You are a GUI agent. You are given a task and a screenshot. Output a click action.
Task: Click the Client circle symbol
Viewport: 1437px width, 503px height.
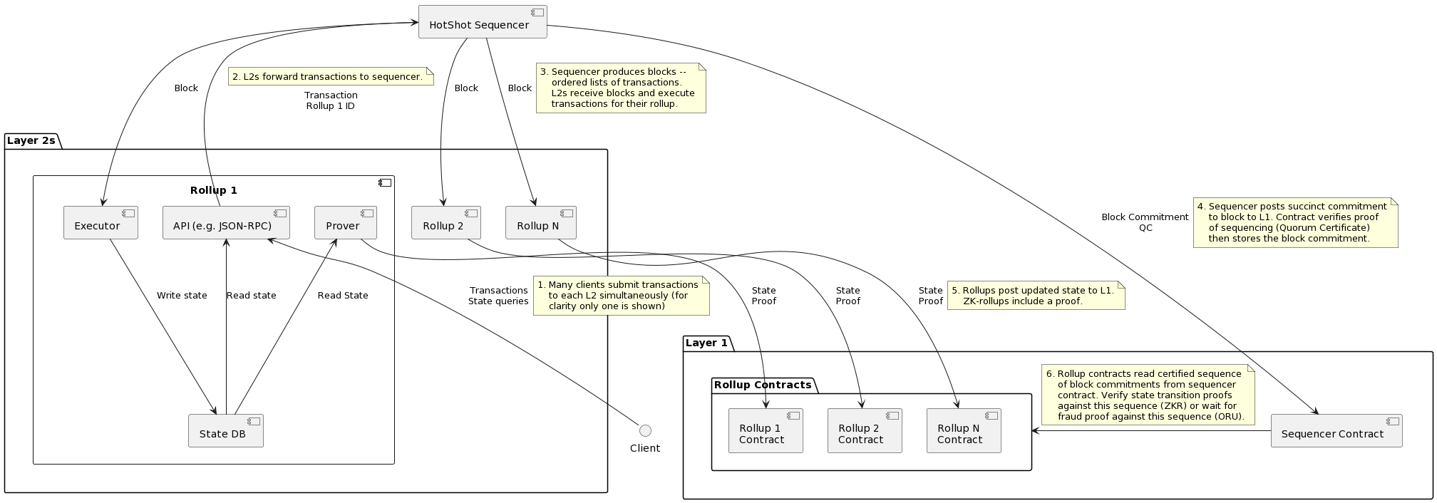click(x=645, y=430)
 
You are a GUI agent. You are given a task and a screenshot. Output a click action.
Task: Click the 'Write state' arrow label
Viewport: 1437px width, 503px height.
click(x=182, y=295)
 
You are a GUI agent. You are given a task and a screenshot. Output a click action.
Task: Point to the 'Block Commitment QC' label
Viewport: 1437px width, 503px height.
click(x=1145, y=222)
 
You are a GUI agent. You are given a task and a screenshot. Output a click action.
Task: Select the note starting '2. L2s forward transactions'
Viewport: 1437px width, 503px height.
click(x=331, y=76)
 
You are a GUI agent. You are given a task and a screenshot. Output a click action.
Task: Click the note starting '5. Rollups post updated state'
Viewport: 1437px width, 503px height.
click(x=1036, y=295)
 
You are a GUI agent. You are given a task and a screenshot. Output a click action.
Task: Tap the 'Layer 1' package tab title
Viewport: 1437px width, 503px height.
click(x=706, y=343)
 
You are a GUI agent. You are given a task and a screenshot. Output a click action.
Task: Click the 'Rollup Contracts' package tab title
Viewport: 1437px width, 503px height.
click(x=762, y=385)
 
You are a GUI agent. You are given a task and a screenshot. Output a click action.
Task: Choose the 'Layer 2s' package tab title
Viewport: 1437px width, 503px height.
click(x=31, y=141)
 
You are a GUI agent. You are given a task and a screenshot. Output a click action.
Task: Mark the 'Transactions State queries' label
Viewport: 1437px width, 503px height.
click(x=498, y=295)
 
